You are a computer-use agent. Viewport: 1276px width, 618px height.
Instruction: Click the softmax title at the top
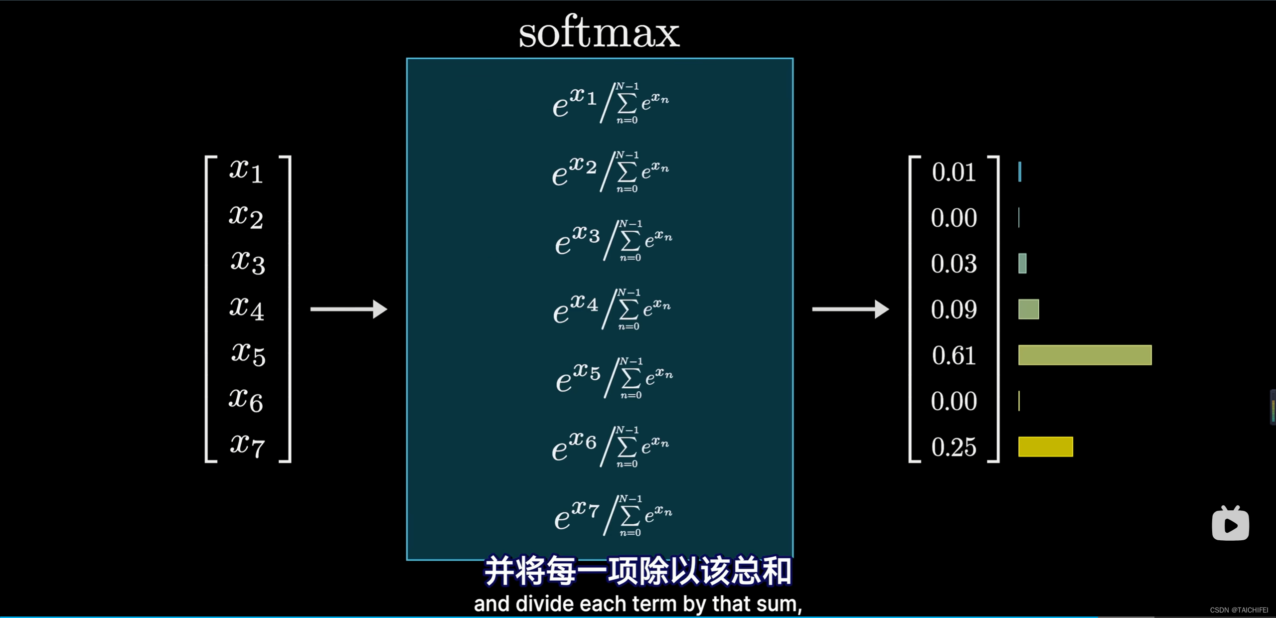tap(599, 32)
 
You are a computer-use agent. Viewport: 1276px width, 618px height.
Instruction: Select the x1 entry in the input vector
tap(246, 171)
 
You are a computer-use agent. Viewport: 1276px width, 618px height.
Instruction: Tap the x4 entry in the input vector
tap(246, 308)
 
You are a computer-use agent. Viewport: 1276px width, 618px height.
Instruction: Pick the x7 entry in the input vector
tap(247, 445)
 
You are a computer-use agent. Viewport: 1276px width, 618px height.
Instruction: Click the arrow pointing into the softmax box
tap(348, 309)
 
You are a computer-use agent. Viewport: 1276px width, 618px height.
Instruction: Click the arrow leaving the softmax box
tap(850, 309)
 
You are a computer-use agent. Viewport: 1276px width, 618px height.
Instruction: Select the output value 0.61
tap(954, 355)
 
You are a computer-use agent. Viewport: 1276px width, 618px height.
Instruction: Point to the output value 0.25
tap(954, 447)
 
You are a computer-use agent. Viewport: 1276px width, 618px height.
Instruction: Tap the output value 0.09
tap(954, 309)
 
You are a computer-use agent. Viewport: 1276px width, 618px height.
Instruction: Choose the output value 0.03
tap(954, 264)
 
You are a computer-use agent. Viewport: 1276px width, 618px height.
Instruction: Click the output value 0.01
tap(954, 172)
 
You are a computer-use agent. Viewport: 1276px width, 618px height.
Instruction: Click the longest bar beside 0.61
tap(1085, 355)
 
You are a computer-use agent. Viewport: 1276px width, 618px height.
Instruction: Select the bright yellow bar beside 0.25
tap(1045, 447)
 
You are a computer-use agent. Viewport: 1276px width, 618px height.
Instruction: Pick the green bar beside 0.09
tap(1028, 309)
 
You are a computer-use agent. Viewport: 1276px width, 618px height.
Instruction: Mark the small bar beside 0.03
tap(1022, 263)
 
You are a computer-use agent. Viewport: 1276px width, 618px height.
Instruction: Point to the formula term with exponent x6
tap(611, 447)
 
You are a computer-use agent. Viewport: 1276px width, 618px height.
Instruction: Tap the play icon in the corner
tap(1230, 524)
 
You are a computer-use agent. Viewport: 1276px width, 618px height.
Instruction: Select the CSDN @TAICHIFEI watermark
tap(1239, 610)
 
